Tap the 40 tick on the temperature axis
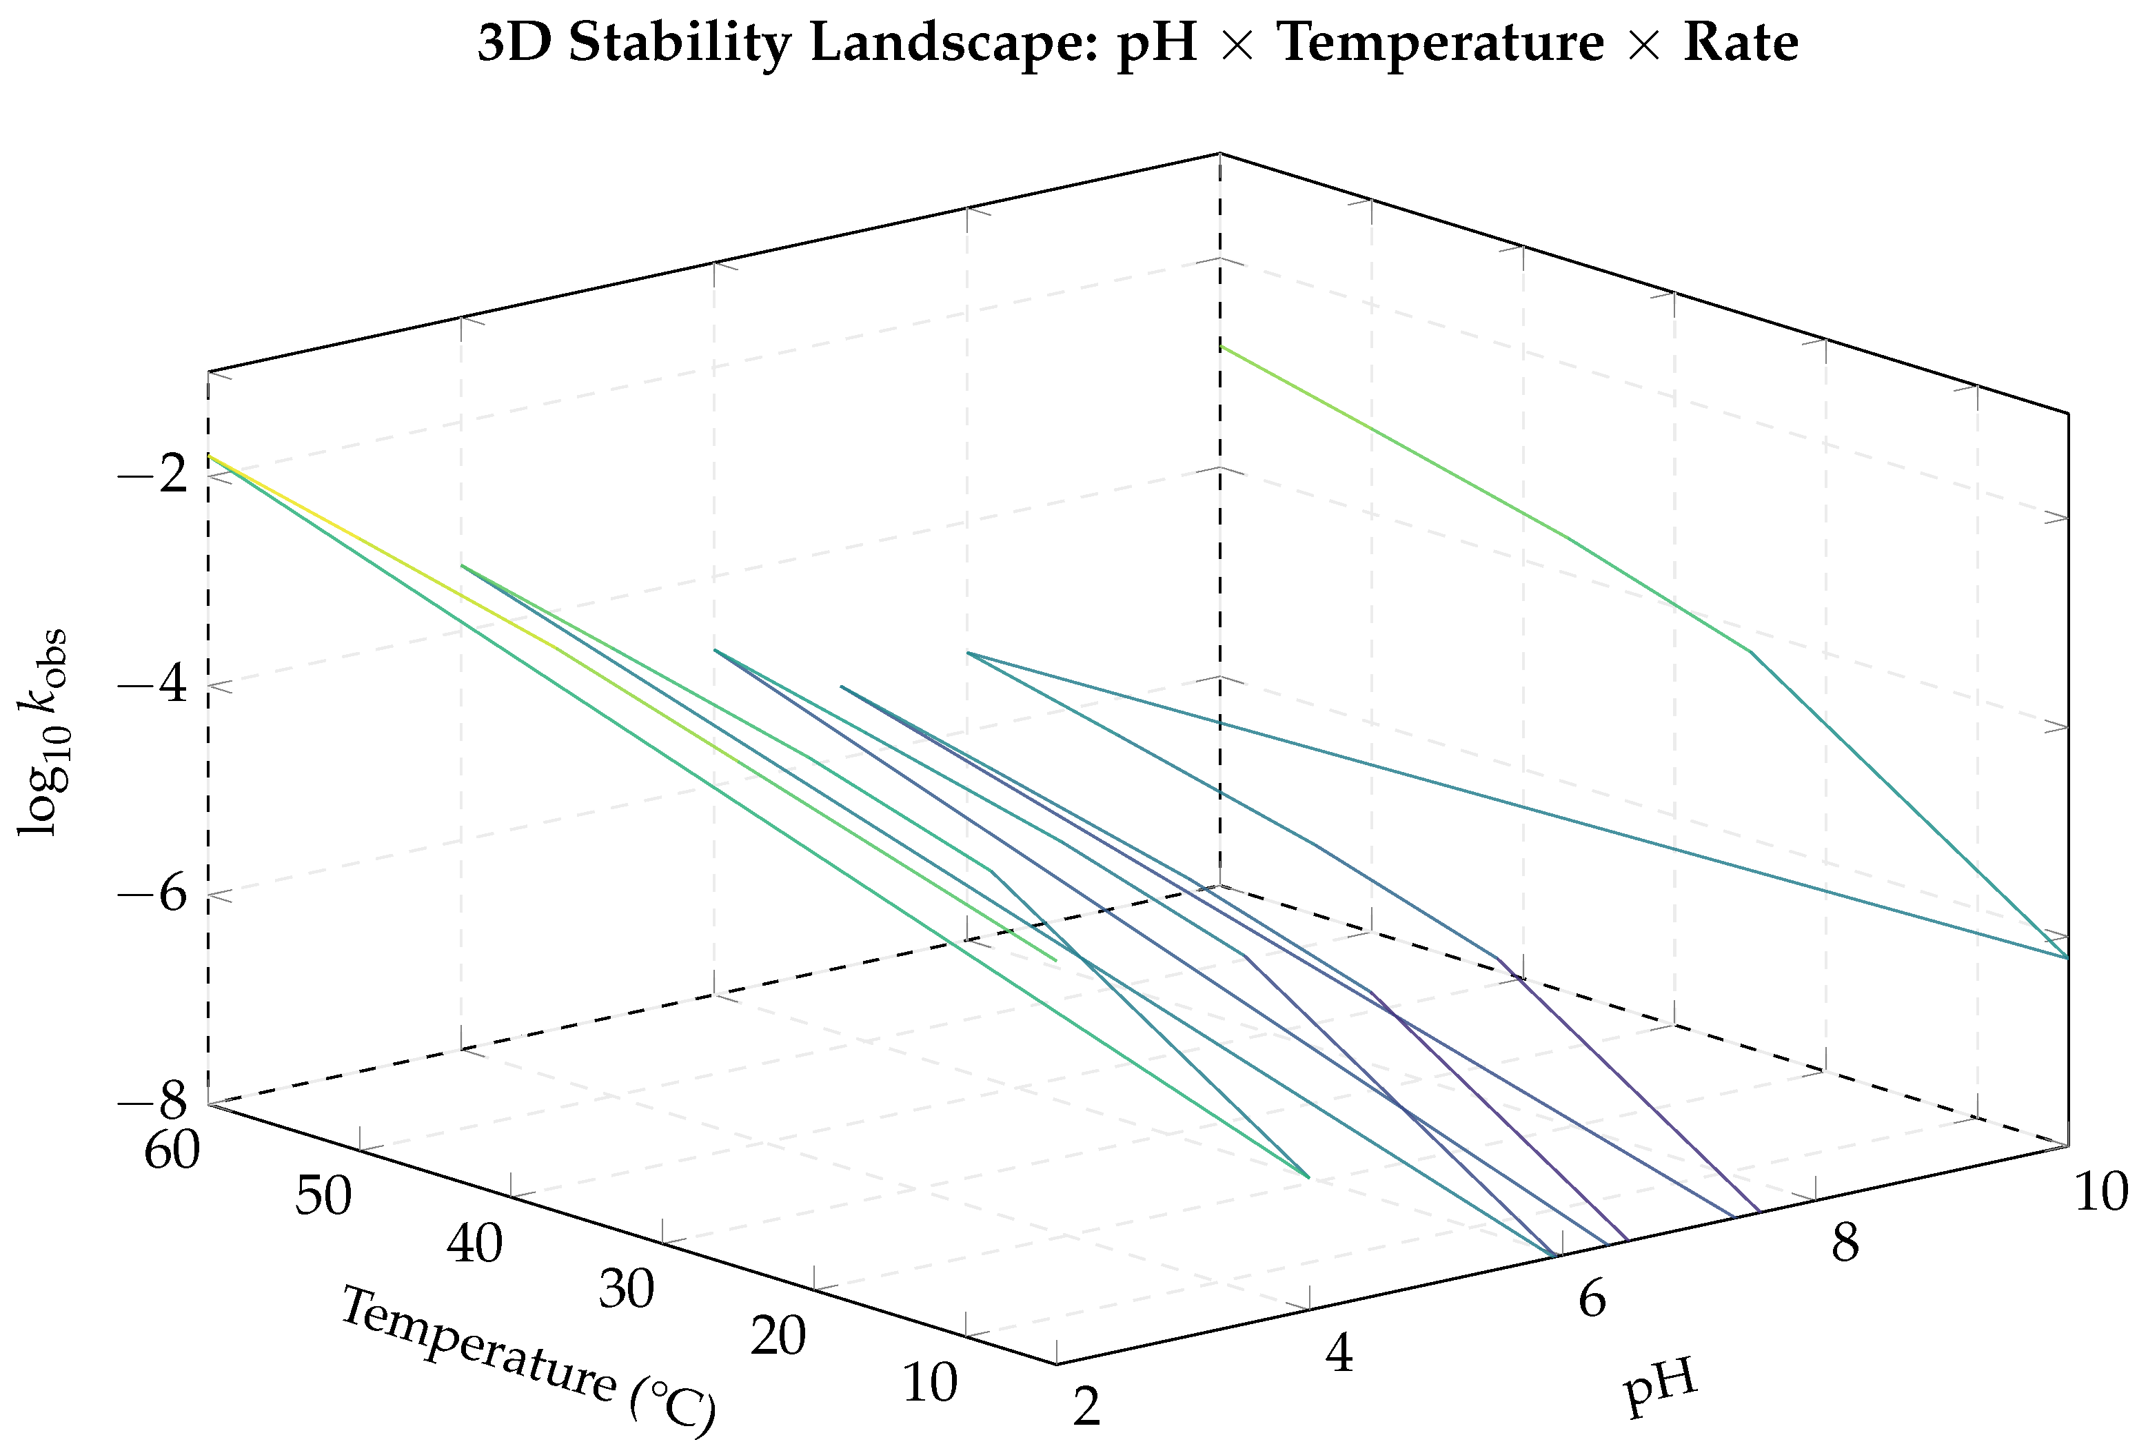475,1245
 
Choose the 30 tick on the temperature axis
627,1290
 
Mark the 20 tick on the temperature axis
778,1337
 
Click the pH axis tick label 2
1087,1410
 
